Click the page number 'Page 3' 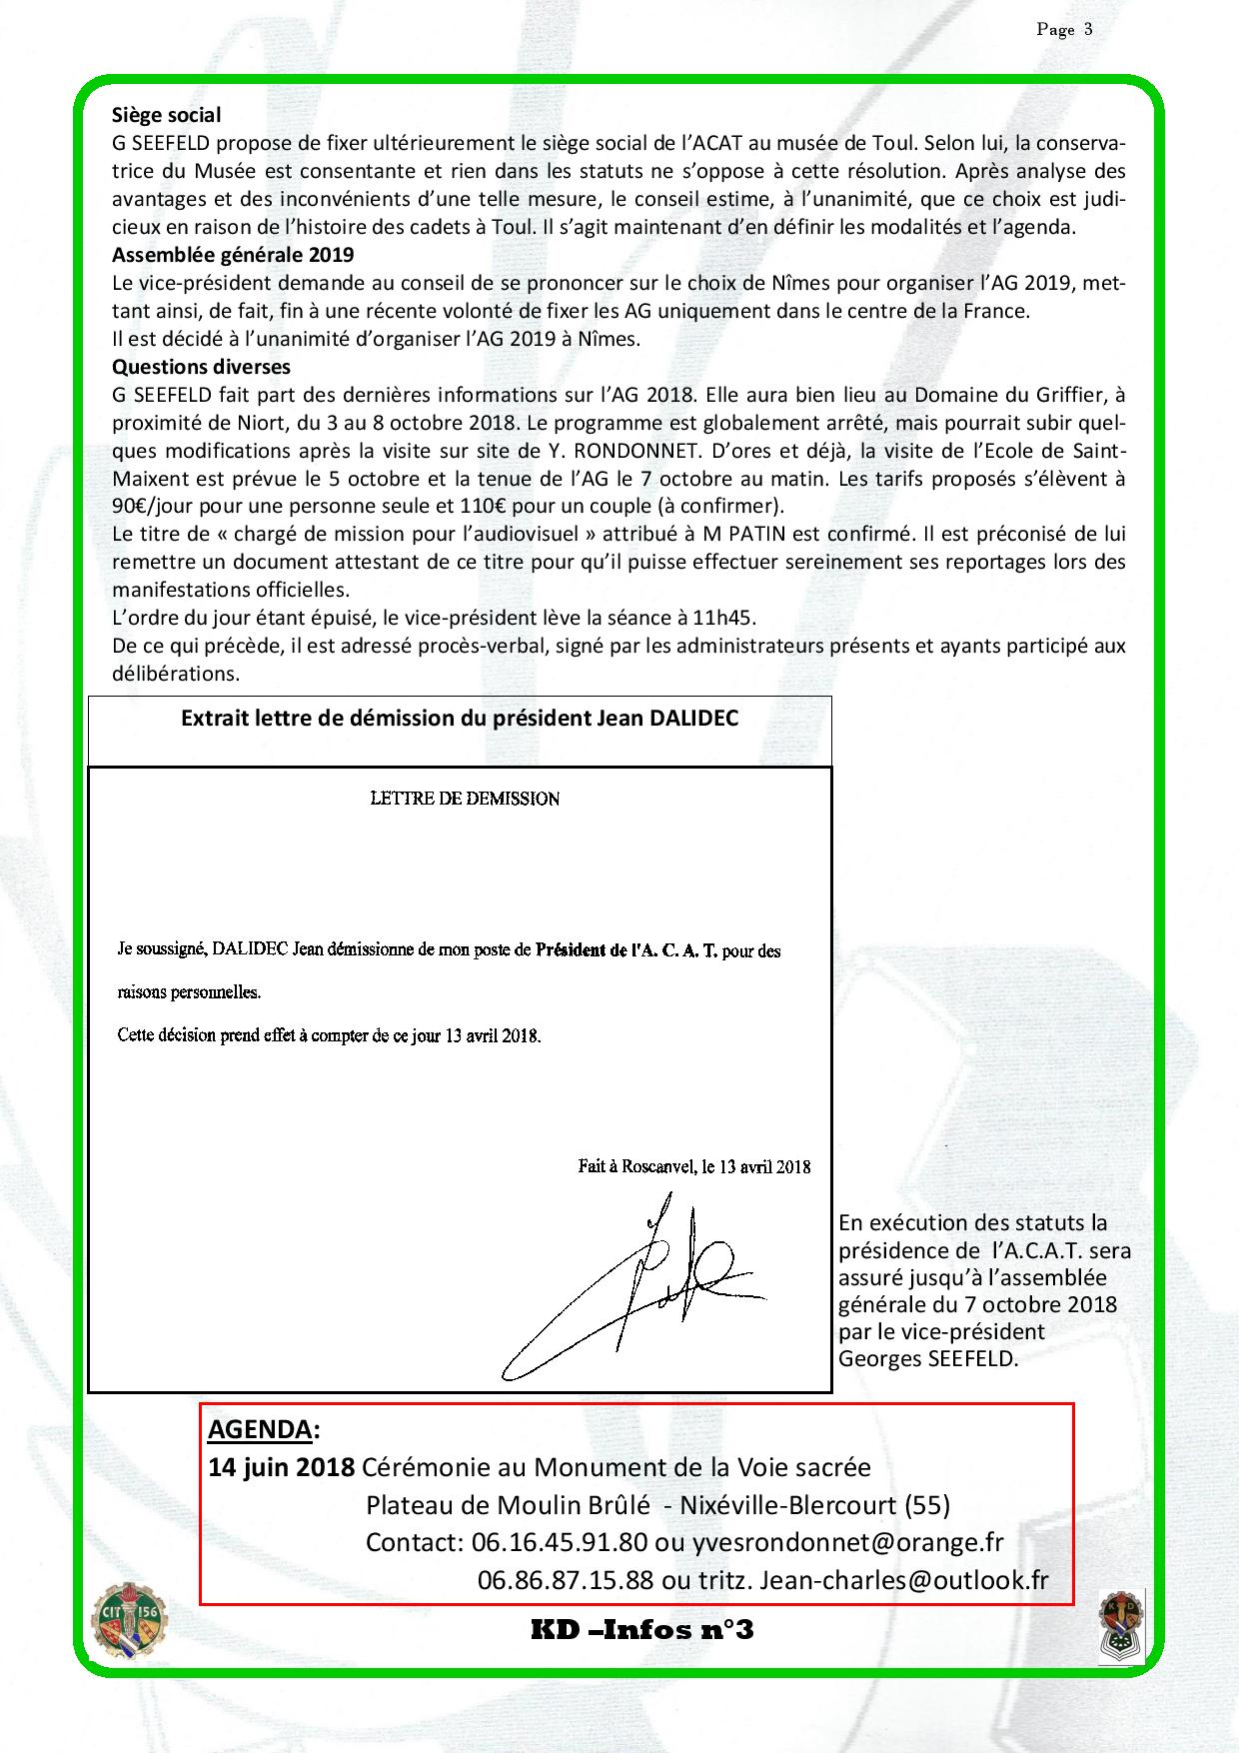[x=1064, y=29]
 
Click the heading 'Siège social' [x=166, y=115]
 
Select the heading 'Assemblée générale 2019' [x=232, y=255]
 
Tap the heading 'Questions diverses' [x=201, y=367]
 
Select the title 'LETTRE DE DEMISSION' [x=465, y=800]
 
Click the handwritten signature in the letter [x=639, y=1289]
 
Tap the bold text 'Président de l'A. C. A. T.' [x=626, y=951]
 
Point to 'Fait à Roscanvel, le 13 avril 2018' [x=693, y=1166]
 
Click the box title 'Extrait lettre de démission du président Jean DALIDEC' [x=460, y=719]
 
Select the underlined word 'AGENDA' [x=259, y=1429]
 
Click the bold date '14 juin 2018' [x=281, y=1467]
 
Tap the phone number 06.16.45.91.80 [x=559, y=1542]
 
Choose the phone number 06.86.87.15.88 [x=566, y=1580]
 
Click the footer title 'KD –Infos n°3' [x=641, y=1631]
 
